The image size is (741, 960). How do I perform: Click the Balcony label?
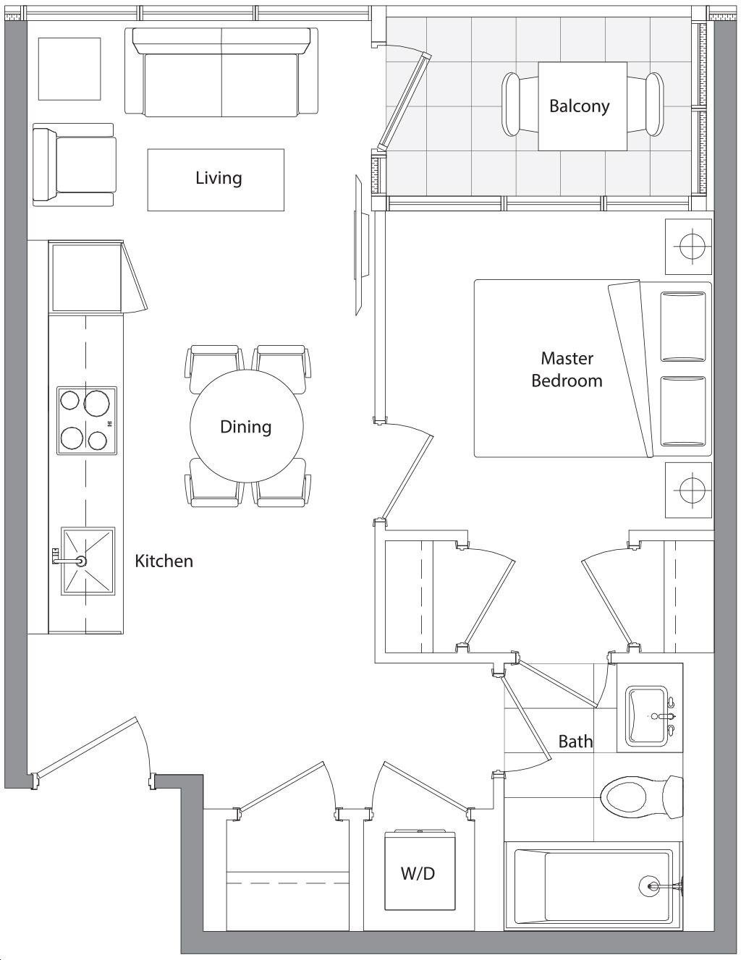pos(580,106)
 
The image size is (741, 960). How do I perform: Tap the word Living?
pos(219,178)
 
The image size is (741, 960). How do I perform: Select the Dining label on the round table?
pos(246,427)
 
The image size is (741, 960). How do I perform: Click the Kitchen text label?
pos(164,561)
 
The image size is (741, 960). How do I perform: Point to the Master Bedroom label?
pos(567,370)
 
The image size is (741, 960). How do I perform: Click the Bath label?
pos(575,742)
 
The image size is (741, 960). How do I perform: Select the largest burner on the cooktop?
pos(96,403)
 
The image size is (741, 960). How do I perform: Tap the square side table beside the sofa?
pos(69,69)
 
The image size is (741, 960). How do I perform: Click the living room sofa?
pos(221,72)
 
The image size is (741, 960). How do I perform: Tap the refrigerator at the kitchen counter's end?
pos(87,278)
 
